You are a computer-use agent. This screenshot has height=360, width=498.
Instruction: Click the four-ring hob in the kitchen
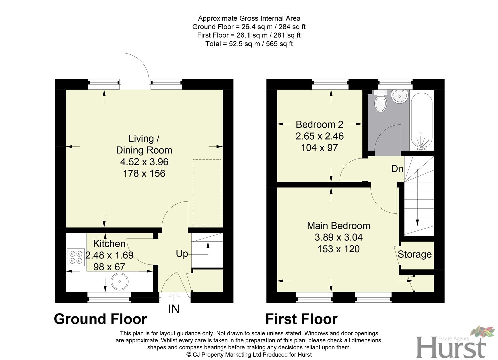pyautogui.click(x=76, y=257)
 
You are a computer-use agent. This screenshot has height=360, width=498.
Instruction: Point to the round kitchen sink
pyautogui.click(x=119, y=282)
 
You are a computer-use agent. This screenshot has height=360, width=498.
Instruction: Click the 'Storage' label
pyautogui.click(x=415, y=254)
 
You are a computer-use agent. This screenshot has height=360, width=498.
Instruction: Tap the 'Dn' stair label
pyautogui.click(x=397, y=169)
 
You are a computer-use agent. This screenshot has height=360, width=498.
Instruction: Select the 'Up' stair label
pyautogui.click(x=182, y=254)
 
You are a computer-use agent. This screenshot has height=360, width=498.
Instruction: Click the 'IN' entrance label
pyautogui.click(x=174, y=309)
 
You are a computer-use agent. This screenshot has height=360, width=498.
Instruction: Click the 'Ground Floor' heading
pyautogui.click(x=100, y=319)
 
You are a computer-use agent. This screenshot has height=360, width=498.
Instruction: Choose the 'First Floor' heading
pyautogui.click(x=301, y=319)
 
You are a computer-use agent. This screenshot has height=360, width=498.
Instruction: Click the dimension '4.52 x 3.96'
pyautogui.click(x=144, y=162)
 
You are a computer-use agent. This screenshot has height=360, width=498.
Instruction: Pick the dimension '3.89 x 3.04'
pyautogui.click(x=338, y=237)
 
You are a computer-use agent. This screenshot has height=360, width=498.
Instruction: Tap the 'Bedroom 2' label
pyautogui.click(x=319, y=124)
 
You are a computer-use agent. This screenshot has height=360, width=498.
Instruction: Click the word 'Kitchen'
pyautogui.click(x=109, y=244)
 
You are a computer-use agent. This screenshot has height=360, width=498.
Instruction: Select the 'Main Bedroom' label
pyautogui.click(x=338, y=226)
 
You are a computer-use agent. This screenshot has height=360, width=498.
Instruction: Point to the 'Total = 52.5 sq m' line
pyautogui.click(x=249, y=44)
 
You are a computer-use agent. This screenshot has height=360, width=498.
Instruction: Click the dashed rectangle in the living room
pyautogui.click(x=207, y=193)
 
